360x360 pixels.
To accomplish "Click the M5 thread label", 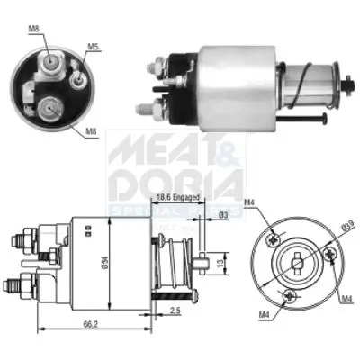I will click(94, 46).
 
